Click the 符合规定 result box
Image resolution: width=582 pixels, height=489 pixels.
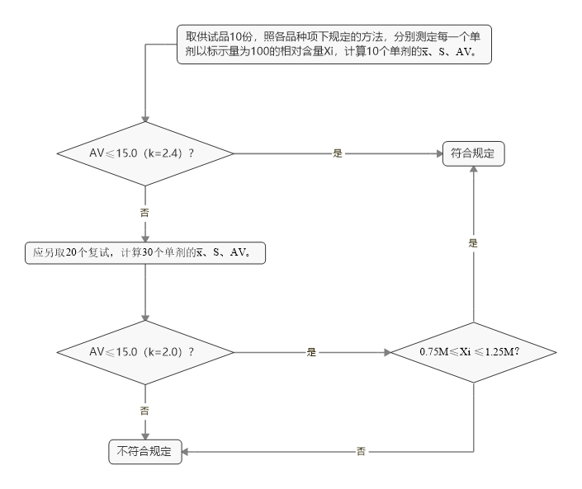(x=473, y=153)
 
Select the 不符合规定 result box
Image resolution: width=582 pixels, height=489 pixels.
(x=145, y=451)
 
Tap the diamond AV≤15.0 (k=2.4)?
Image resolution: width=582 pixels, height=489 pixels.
(x=145, y=153)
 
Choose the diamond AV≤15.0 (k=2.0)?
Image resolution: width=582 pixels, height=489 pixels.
(x=145, y=351)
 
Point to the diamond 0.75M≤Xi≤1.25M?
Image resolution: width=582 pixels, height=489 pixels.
(x=474, y=351)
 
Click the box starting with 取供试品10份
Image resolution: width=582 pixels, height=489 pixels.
(x=334, y=45)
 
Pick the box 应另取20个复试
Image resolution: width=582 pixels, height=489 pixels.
(x=145, y=253)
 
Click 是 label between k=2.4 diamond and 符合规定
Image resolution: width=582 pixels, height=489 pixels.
(x=338, y=153)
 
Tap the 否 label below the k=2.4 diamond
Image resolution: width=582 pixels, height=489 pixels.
(x=145, y=211)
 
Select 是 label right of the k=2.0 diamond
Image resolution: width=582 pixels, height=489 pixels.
(x=311, y=351)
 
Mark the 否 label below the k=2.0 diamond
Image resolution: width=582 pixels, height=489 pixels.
(x=145, y=409)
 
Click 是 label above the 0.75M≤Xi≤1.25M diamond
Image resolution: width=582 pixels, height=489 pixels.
(x=474, y=243)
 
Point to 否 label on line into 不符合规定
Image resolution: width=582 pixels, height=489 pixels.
(x=361, y=451)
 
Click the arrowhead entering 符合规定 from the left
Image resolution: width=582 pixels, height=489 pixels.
(x=438, y=153)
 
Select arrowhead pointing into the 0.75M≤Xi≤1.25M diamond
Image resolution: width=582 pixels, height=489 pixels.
(x=389, y=351)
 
